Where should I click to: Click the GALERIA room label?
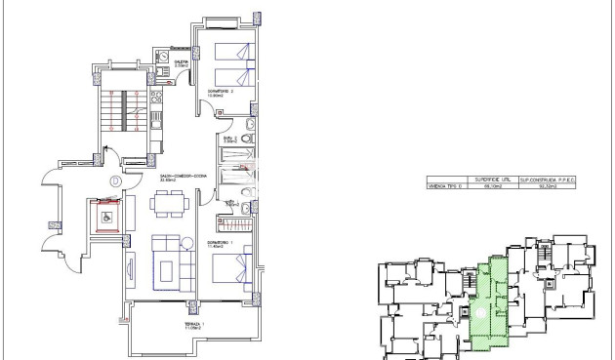click(182, 62)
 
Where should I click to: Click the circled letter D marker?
click(115, 180)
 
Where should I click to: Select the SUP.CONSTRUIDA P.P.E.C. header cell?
click(553, 180)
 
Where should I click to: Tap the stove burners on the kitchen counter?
click(156, 121)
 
